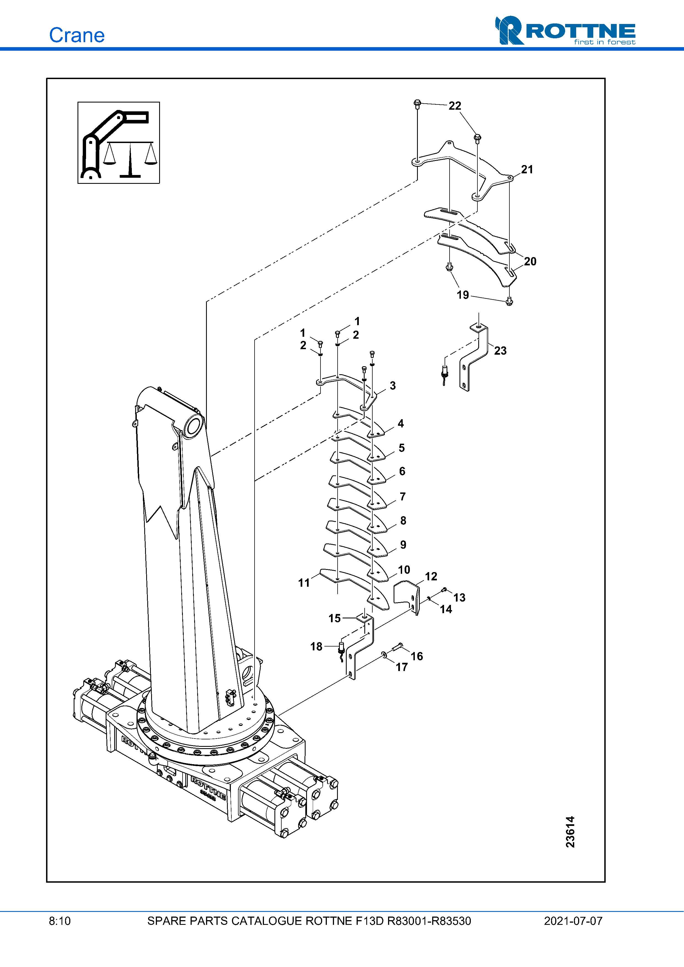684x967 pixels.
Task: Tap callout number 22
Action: [455, 106]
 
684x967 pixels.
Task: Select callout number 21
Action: [527, 169]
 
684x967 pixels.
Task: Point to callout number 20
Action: [530, 261]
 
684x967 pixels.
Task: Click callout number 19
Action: [463, 295]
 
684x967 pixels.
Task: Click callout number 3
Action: [392, 385]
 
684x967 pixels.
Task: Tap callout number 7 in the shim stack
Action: [402, 497]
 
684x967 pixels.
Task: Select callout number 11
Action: [304, 583]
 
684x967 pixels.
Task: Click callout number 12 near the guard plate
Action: [431, 576]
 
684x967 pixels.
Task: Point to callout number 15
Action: [335, 618]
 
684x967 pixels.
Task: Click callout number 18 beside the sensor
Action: [316, 647]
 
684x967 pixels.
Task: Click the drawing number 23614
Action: [570, 832]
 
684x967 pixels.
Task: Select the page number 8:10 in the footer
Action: [60, 921]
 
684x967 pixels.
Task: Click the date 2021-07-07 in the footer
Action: [573, 921]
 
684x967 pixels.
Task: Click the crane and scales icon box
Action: [118, 142]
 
